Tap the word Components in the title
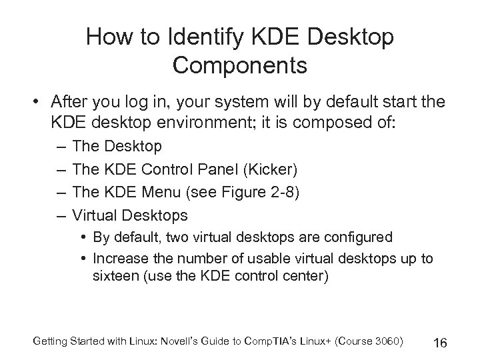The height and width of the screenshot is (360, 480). coord(240,65)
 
